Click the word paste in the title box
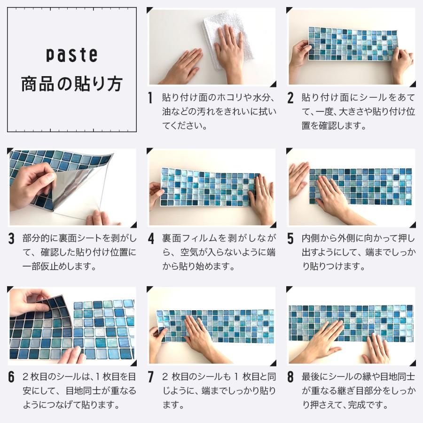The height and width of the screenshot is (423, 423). click(x=71, y=55)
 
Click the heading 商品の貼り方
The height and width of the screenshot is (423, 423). click(x=72, y=84)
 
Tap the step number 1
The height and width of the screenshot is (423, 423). click(x=150, y=98)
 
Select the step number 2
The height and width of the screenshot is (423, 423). click(x=290, y=98)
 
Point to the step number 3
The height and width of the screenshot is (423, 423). click(x=11, y=238)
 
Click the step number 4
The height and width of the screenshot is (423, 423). click(x=151, y=238)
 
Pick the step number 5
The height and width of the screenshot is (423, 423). click(x=290, y=238)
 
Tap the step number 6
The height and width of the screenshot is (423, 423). click(x=11, y=377)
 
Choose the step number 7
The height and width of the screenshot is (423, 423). click(x=151, y=377)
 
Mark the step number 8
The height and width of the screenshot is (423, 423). click(x=290, y=377)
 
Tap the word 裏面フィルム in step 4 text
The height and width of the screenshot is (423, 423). click(x=189, y=238)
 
